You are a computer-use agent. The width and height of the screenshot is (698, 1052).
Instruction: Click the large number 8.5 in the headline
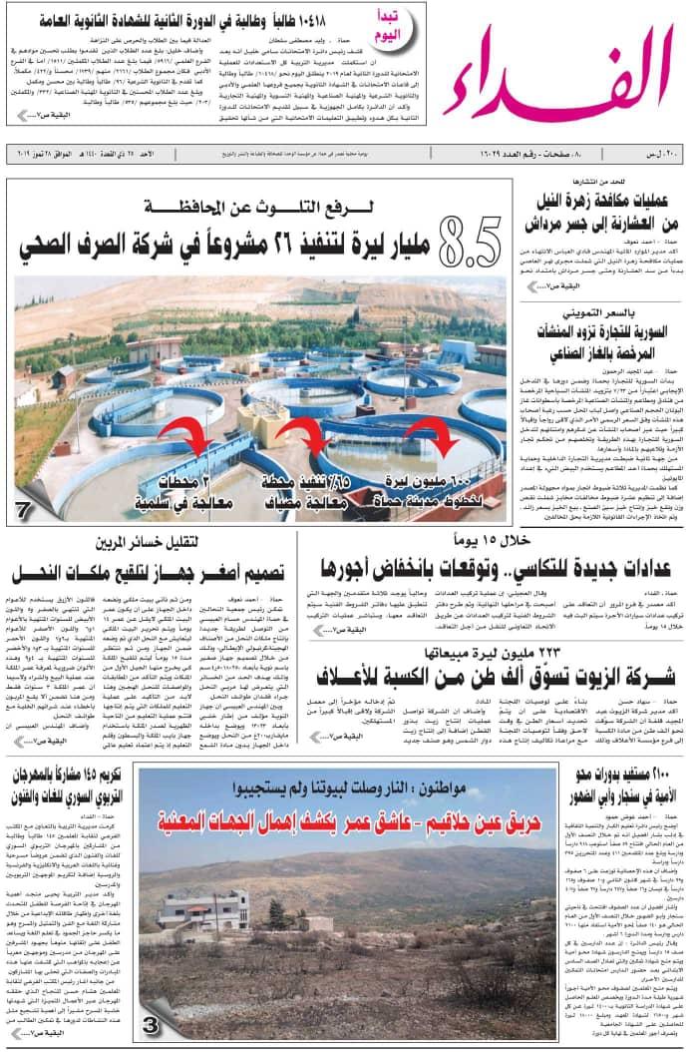point(468,239)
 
